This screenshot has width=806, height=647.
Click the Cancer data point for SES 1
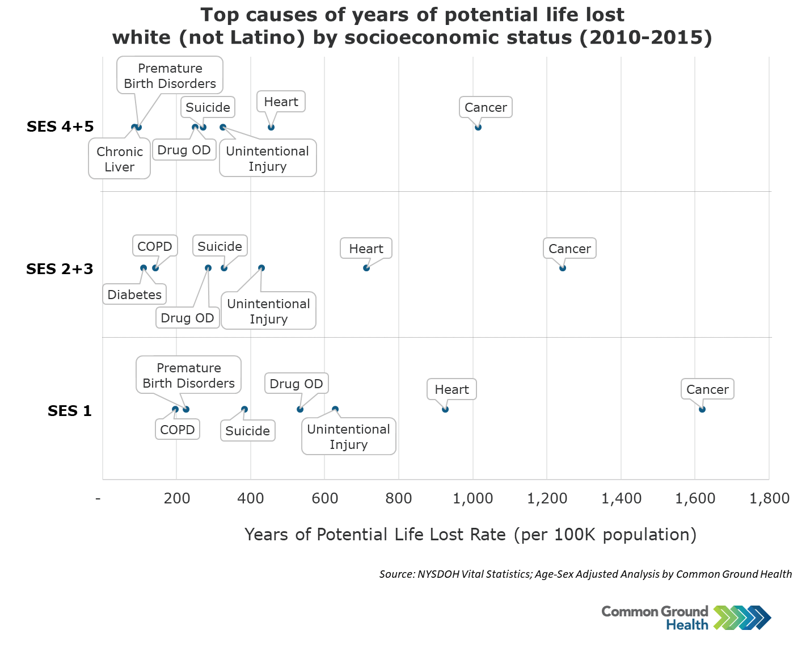(702, 409)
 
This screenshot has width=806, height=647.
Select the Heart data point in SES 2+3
(366, 268)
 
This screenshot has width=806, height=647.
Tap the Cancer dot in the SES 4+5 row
(478, 127)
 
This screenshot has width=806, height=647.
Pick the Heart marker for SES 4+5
(271, 127)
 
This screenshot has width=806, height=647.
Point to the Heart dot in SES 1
(445, 409)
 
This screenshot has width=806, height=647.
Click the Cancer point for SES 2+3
(563, 268)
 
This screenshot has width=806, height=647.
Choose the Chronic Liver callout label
(120, 159)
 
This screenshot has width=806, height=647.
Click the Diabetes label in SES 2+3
(134, 294)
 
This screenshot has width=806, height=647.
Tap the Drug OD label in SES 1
(296, 384)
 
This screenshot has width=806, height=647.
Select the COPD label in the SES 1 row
(178, 430)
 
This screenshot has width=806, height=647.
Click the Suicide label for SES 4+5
(208, 107)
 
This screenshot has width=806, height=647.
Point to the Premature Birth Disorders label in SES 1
(189, 375)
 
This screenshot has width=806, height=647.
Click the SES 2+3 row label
(60, 269)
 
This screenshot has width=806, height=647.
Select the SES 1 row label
(70, 410)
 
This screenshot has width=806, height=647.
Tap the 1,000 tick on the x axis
(472, 498)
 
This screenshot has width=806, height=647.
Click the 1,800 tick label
(769, 498)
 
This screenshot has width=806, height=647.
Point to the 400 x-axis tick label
(251, 498)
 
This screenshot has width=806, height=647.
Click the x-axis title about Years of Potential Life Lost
(470, 535)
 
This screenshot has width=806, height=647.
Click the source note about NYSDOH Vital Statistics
(586, 574)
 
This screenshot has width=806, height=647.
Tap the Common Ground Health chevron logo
(742, 617)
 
